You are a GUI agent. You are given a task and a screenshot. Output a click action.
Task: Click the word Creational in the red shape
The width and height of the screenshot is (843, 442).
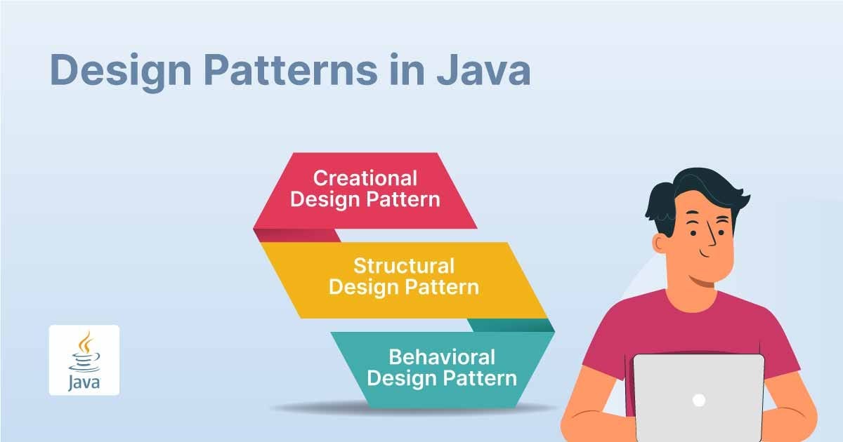pos(365,178)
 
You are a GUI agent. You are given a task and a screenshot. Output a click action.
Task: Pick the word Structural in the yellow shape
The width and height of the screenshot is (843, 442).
pos(404,267)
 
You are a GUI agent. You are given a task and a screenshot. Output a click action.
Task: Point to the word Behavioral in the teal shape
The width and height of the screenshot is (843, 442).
pos(442,356)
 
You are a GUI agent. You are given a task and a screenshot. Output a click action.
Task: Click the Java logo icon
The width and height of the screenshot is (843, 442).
pos(84,360)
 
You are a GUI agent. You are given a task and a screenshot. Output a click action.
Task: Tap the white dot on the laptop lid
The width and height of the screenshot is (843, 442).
pos(698,400)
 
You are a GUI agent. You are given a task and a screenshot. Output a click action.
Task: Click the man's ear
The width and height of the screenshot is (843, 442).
pos(661,243)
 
